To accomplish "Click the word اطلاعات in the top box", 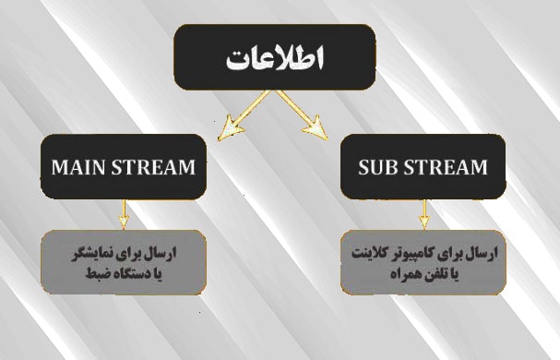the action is click(x=275, y=57).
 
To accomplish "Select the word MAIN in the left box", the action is click(x=78, y=167).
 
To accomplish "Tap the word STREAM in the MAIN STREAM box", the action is click(x=153, y=167).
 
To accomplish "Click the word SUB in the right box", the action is click(x=377, y=167).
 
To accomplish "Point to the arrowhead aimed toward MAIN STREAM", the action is click(x=229, y=128).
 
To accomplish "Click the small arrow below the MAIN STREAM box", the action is click(x=124, y=214).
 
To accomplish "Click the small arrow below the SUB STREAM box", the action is click(x=424, y=214).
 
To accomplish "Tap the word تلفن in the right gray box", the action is click(x=431, y=274).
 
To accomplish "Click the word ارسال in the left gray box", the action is click(x=163, y=254).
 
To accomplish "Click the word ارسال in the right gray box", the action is click(x=484, y=254).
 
